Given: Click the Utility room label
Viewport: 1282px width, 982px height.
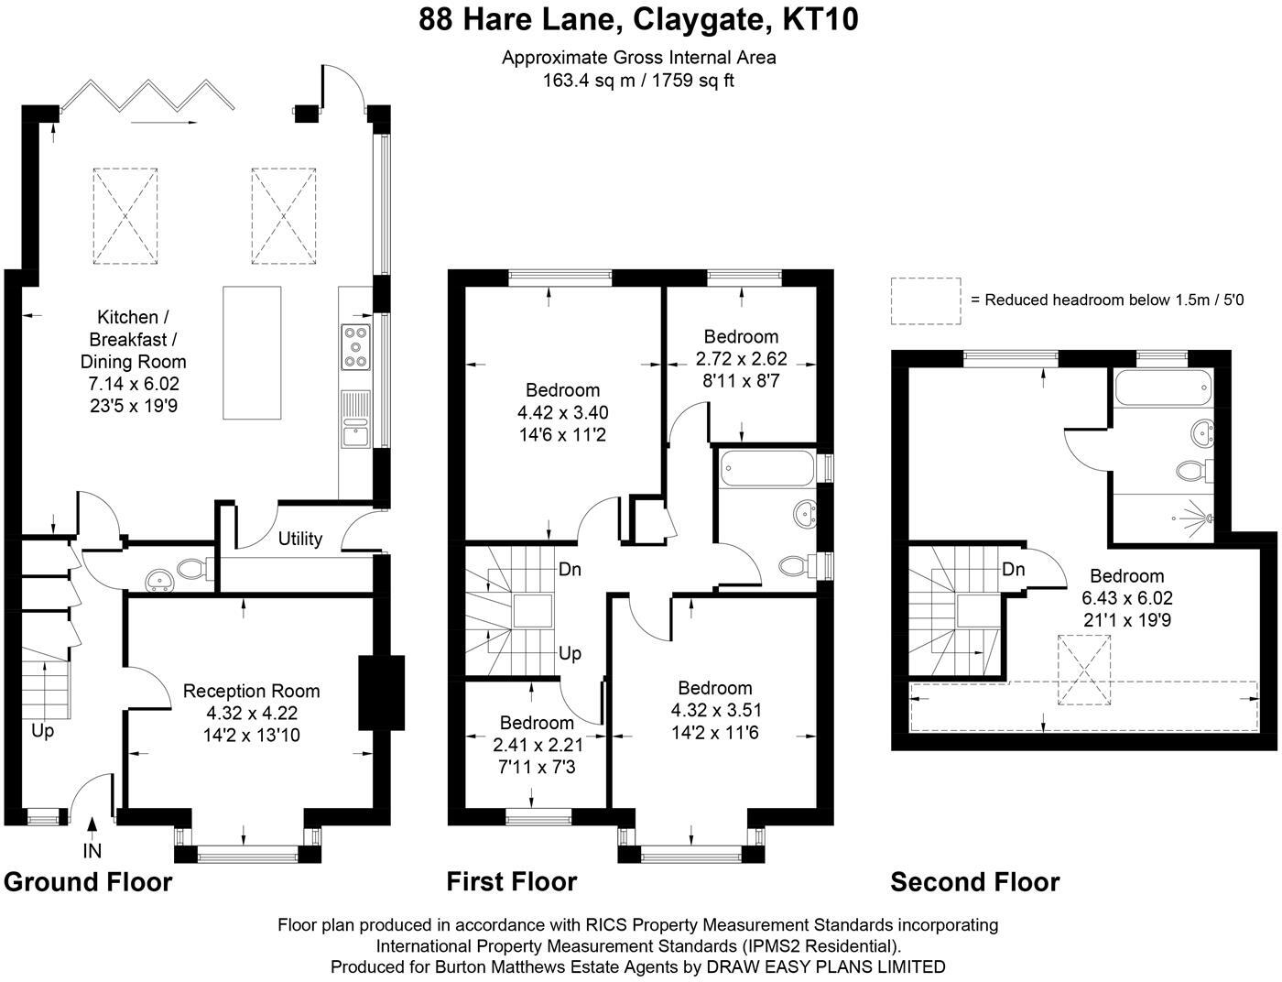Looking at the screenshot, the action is [x=300, y=539].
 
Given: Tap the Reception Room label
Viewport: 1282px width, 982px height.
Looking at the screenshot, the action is [x=251, y=691].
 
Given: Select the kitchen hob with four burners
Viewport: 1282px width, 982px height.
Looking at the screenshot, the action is [x=355, y=347].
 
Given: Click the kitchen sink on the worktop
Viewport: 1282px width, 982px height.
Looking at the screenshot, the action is [x=355, y=419].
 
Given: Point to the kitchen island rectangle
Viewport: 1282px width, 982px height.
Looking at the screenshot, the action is [x=252, y=353].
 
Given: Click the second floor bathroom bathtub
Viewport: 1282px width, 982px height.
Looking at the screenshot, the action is [x=1163, y=387].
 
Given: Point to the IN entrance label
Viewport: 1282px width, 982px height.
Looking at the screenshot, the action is [x=92, y=850].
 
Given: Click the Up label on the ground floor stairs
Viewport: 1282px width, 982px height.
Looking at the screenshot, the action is [x=42, y=731].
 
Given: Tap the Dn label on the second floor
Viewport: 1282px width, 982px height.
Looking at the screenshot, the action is [x=1013, y=569].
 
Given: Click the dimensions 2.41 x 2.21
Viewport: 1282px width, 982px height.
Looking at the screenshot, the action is [x=538, y=745].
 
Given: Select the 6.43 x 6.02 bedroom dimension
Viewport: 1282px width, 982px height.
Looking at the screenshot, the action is [x=1127, y=598].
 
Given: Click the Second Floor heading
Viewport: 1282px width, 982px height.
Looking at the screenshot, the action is [x=974, y=882].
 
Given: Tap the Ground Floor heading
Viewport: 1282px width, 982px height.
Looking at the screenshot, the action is [x=88, y=882].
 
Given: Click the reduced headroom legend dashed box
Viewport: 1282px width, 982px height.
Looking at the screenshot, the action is [x=926, y=301].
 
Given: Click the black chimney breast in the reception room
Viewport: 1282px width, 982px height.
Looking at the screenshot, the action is [x=382, y=693].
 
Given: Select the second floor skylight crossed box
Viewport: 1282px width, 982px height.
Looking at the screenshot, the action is [x=1084, y=670].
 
